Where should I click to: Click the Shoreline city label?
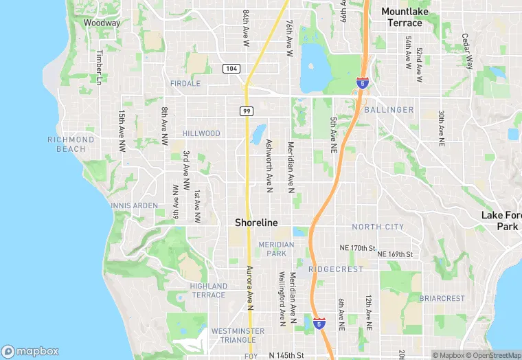(x=256, y=223)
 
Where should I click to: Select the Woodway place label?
(x=102, y=23)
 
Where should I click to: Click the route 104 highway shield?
(x=231, y=69)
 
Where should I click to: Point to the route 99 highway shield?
(x=246, y=111)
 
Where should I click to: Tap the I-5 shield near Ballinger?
(x=361, y=83)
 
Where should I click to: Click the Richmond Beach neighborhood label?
(x=71, y=144)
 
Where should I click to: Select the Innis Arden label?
(x=134, y=205)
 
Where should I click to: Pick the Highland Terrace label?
(x=208, y=290)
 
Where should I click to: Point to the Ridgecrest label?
(x=336, y=269)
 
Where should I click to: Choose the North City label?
(x=378, y=227)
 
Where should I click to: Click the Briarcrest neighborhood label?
(x=442, y=299)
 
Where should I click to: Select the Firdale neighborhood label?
(x=185, y=83)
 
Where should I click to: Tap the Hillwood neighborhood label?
(x=201, y=133)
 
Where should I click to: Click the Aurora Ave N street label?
(x=250, y=289)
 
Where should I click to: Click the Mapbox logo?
(x=31, y=351)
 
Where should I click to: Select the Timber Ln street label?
(x=100, y=67)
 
